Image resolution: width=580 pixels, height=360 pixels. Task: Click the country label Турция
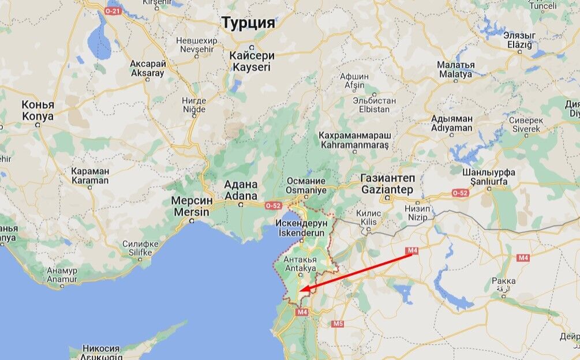[248, 23]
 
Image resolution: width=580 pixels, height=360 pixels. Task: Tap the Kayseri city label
[251, 62]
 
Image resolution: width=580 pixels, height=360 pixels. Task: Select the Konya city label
[38, 111]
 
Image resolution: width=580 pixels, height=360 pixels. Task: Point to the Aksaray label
[148, 69]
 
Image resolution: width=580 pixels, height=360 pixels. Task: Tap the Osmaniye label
[306, 185]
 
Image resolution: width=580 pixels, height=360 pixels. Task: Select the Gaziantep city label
[387, 184]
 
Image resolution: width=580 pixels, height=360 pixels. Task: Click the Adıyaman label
[451, 123]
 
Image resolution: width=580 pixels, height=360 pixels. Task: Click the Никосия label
[101, 348]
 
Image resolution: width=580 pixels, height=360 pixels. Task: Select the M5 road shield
[338, 323]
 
